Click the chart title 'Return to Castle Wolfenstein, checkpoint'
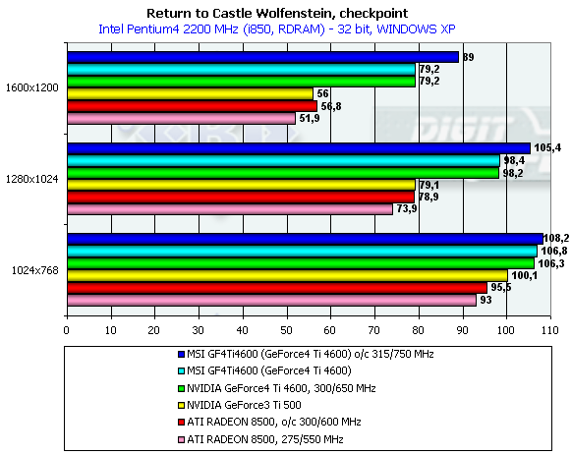(277, 14)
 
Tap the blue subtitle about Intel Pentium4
(277, 29)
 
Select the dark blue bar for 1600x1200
(263, 57)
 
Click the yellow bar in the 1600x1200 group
(190, 94)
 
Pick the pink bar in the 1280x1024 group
(230, 209)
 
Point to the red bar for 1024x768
(277, 288)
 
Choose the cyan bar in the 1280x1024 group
(284, 160)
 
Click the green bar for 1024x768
(301, 263)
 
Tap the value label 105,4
(547, 147)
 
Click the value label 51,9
(310, 118)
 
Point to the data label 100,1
(524, 275)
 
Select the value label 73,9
(407, 208)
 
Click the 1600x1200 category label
(32, 87)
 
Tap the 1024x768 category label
(35, 270)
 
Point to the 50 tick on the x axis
(286, 330)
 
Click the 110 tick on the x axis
(550, 330)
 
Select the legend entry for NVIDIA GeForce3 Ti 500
(239, 405)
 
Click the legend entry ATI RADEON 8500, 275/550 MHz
(260, 439)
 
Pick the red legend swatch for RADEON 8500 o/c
(181, 423)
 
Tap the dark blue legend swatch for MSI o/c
(181, 354)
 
